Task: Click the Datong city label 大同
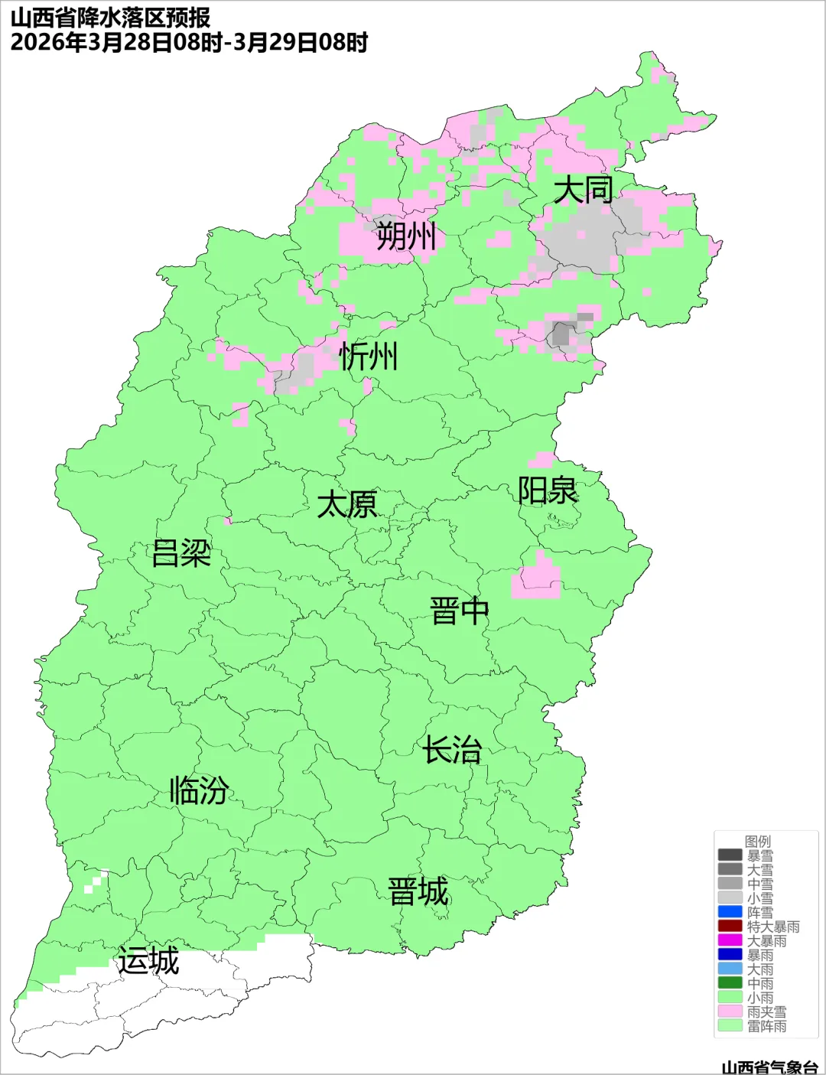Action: [x=583, y=190]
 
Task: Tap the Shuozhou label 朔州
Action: [x=406, y=236]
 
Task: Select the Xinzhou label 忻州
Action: [x=369, y=357]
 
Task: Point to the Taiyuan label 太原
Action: [x=347, y=505]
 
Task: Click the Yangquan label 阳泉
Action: [x=548, y=490]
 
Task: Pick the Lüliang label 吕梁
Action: [x=181, y=553]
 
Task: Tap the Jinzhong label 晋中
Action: [x=459, y=611]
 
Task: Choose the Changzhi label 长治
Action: [x=453, y=750]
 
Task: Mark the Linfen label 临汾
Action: [x=199, y=790]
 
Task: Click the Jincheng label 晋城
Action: [x=418, y=892]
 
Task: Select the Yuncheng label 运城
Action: [x=148, y=961]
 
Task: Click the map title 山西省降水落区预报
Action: [x=110, y=17]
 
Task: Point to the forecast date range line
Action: [x=189, y=42]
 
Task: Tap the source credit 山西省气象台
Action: [x=769, y=1067]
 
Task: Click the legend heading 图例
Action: [x=758, y=842]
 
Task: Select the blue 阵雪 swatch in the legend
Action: [x=730, y=912]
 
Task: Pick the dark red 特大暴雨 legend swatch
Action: [x=730, y=927]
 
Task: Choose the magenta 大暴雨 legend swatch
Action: [x=730, y=940]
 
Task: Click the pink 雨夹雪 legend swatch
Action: [x=730, y=1011]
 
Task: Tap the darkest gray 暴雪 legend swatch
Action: [x=730, y=855]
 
